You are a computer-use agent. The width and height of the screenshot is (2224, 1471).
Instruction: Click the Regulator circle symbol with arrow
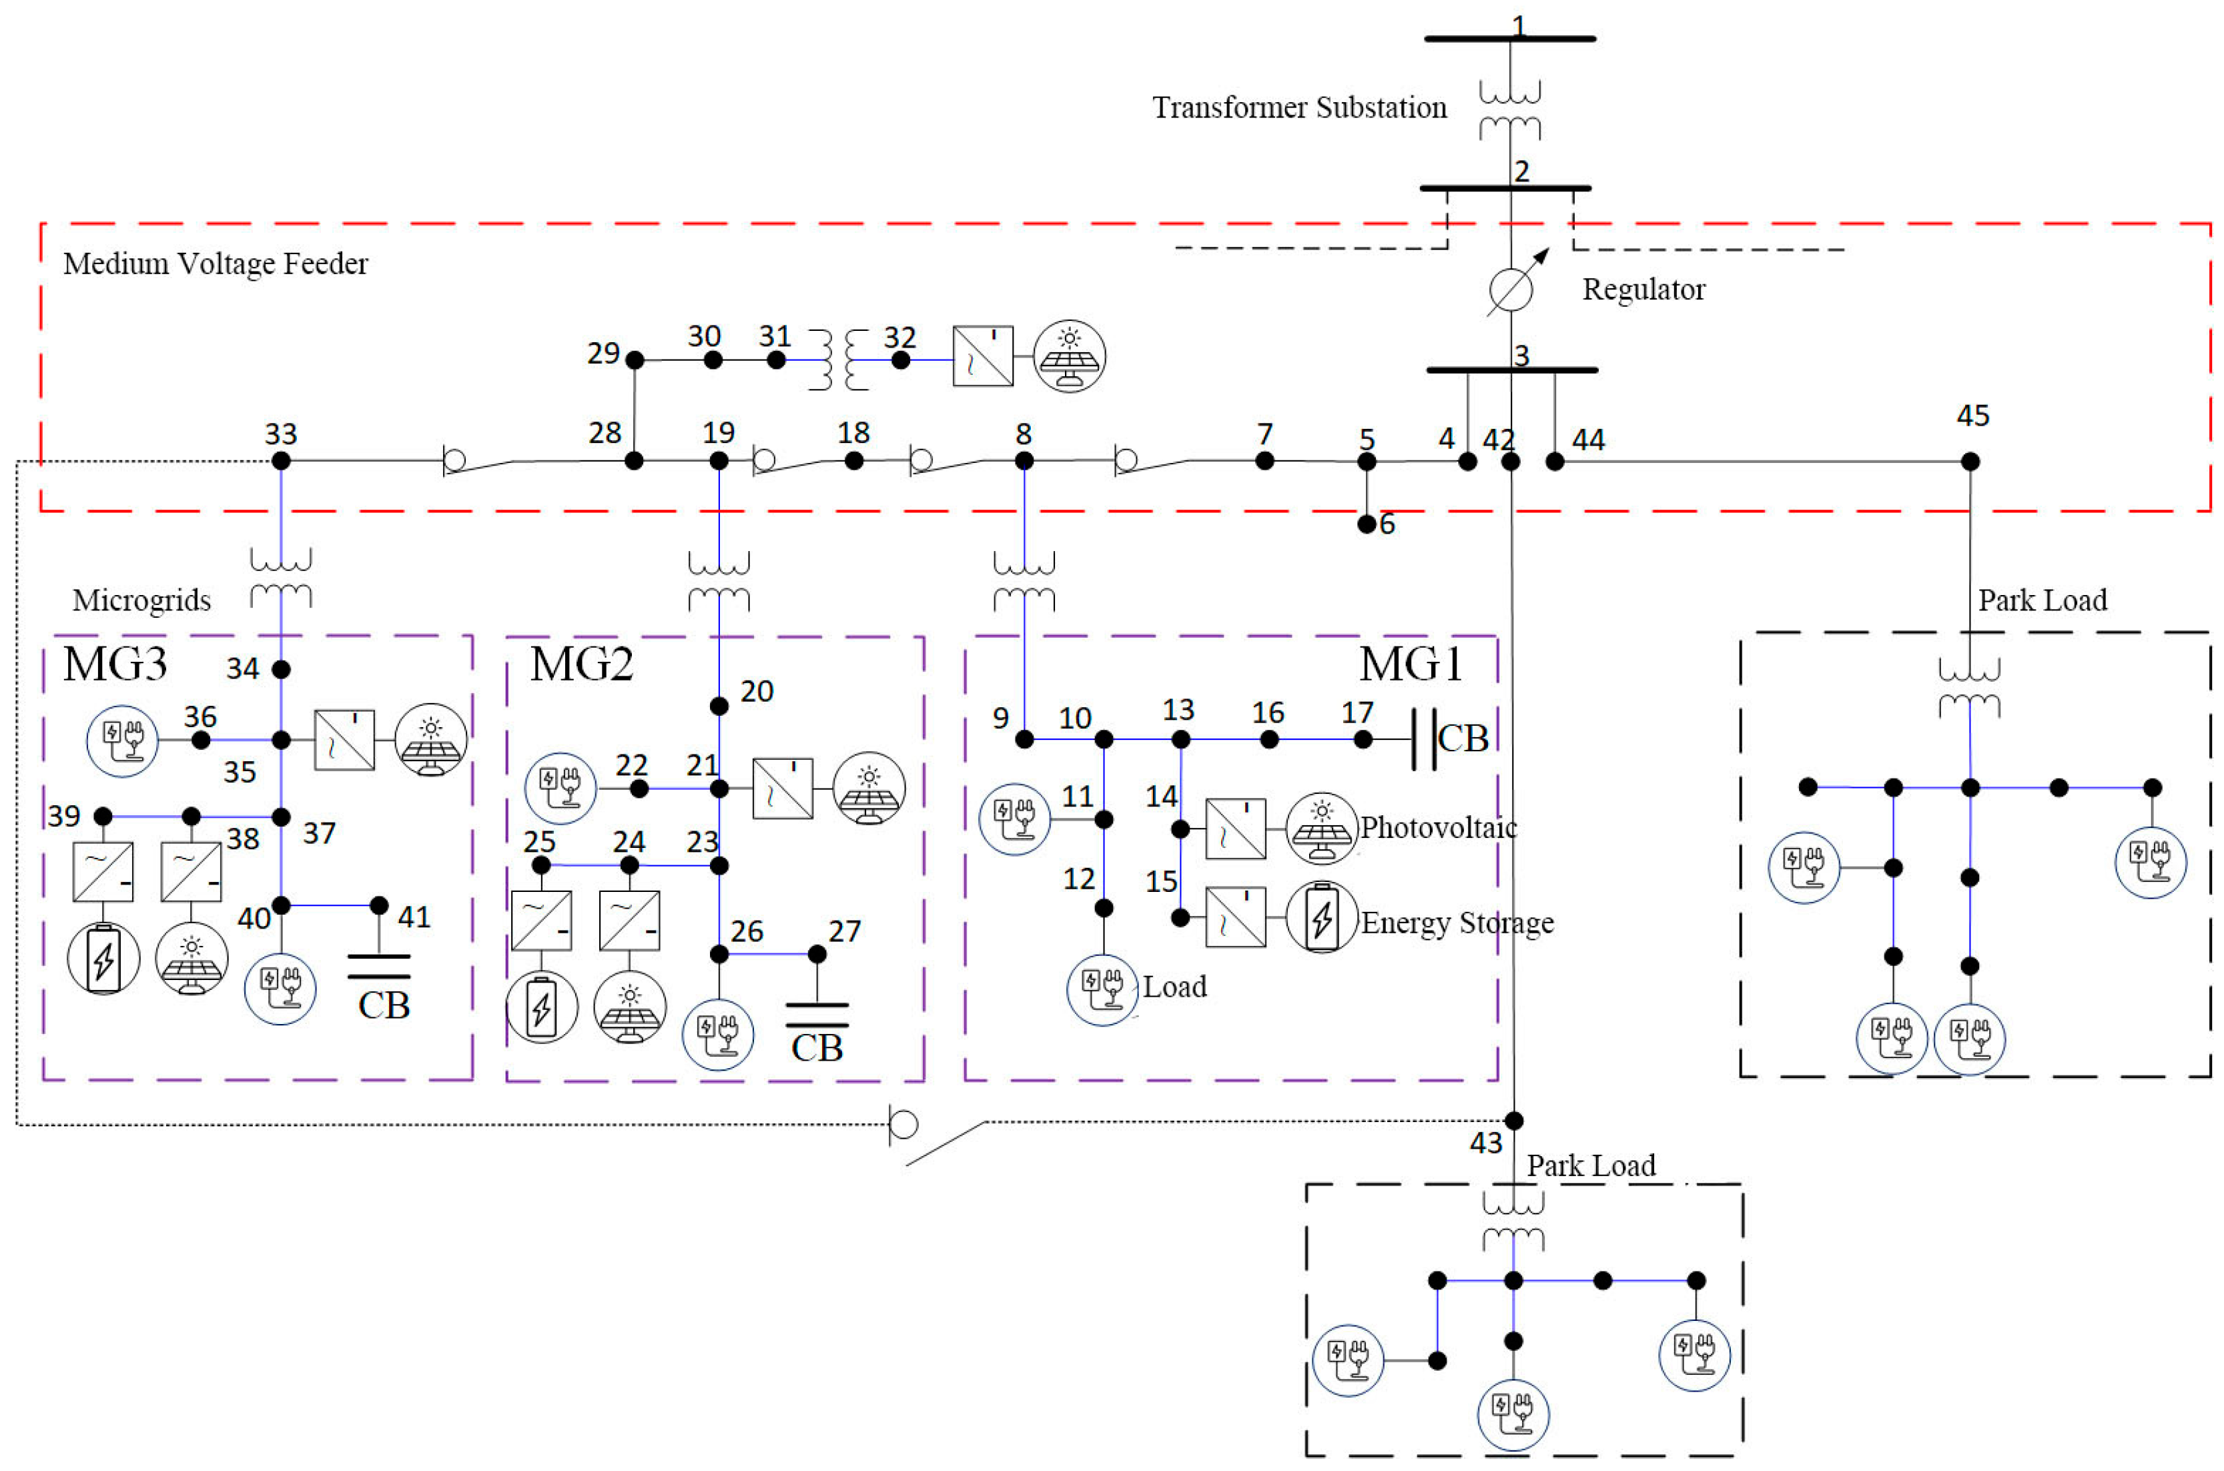click(1511, 289)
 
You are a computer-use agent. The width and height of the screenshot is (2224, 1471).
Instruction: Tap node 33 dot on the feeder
click(280, 460)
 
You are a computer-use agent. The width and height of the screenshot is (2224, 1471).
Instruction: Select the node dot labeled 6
click(1367, 524)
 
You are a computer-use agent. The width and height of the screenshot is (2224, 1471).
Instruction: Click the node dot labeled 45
click(1970, 460)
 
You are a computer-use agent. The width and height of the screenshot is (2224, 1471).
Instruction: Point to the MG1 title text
click(1411, 664)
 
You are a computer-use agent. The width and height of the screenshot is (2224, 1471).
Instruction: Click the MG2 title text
click(582, 664)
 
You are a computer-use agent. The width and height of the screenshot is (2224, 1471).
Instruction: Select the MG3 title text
click(115, 664)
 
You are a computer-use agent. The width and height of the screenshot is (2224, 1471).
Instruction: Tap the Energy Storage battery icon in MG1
click(1321, 917)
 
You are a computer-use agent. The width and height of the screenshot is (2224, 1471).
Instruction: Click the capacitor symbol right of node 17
click(1425, 739)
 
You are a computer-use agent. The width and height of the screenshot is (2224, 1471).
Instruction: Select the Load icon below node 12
click(1102, 989)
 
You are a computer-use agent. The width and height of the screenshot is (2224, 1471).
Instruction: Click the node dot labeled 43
click(1513, 1120)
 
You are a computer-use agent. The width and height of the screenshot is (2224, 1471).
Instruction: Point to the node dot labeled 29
click(635, 360)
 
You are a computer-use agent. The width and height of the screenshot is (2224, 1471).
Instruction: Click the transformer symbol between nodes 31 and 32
click(838, 360)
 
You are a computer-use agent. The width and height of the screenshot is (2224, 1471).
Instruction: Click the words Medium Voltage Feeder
click(215, 264)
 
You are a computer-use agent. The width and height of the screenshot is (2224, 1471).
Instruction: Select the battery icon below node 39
click(103, 959)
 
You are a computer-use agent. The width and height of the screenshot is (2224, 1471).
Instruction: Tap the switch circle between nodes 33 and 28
click(454, 460)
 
